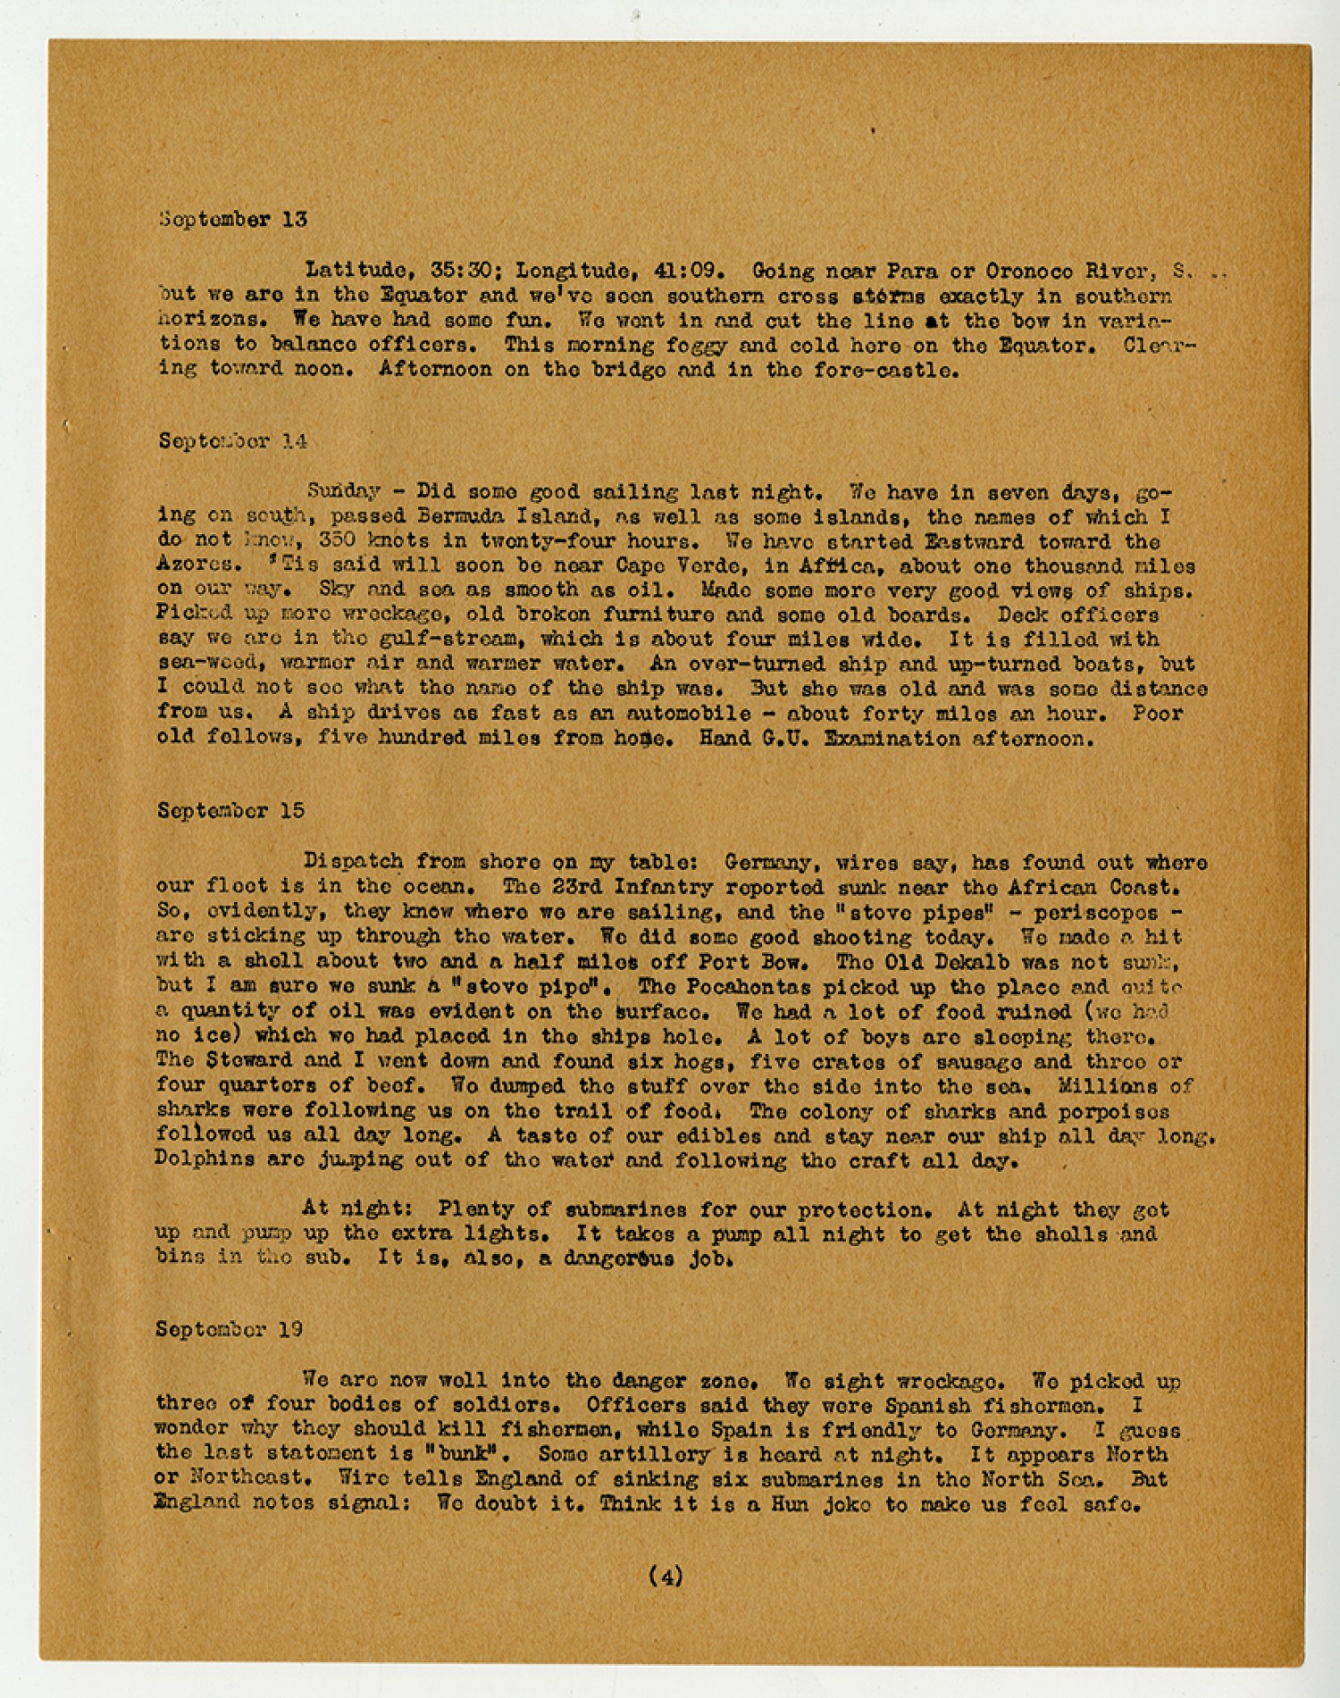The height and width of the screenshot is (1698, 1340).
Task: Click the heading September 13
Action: pyautogui.click(x=232, y=219)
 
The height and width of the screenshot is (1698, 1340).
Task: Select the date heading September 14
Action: pyautogui.click(x=232, y=440)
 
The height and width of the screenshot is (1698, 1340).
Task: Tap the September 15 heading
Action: pyautogui.click(x=230, y=810)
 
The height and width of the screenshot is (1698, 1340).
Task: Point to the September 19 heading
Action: pyautogui.click(x=229, y=1329)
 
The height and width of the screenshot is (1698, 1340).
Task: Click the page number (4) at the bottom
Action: pyautogui.click(x=666, y=1577)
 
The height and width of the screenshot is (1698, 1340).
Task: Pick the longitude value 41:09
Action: pyautogui.click(x=691, y=271)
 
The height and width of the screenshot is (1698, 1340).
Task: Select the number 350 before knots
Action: pyautogui.click(x=338, y=541)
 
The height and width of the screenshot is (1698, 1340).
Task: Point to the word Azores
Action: pyautogui.click(x=198, y=565)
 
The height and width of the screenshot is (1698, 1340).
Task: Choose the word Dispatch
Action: pyautogui.click(x=352, y=862)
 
